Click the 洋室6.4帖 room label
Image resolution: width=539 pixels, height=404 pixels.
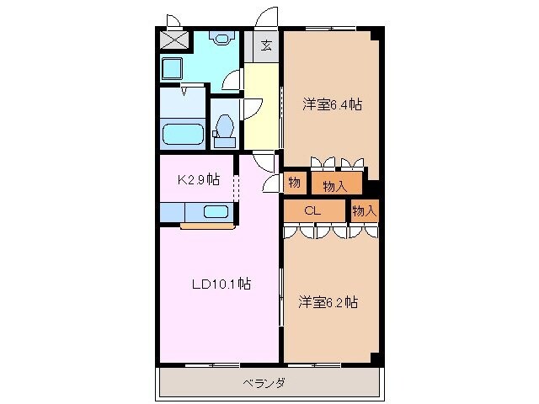click(x=333, y=105)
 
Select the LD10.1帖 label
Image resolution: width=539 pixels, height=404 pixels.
click(x=219, y=284)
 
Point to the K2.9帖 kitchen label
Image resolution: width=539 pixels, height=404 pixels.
click(x=198, y=179)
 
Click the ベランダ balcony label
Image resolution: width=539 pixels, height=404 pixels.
click(x=264, y=383)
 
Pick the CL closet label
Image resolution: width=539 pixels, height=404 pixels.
click(x=313, y=210)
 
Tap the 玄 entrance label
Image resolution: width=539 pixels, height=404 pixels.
click(x=265, y=46)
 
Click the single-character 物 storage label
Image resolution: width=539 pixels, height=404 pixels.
click(x=295, y=182)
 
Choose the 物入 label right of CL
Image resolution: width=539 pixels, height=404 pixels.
click(x=364, y=210)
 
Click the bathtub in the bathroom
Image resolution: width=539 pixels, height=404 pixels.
click(x=183, y=135)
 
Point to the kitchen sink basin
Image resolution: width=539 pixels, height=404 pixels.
click(x=217, y=213)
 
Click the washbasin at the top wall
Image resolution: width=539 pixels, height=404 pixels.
click(x=222, y=37)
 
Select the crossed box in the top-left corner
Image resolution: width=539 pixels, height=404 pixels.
click(x=175, y=40)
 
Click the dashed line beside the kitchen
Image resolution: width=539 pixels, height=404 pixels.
click(x=237, y=188)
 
